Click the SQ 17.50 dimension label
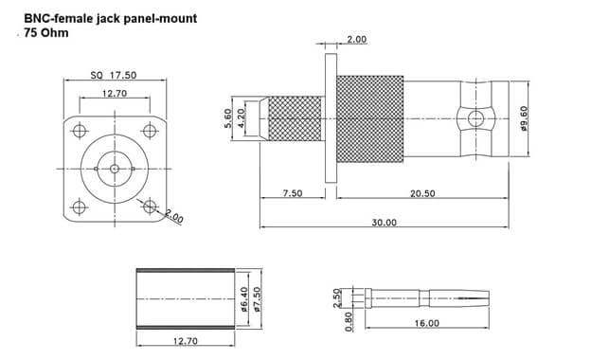114,75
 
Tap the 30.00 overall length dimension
385,223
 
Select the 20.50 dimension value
422,193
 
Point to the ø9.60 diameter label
524,118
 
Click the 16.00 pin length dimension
426,323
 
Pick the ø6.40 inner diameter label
244,299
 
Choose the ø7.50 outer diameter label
257,299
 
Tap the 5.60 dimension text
227,118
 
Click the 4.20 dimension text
241,118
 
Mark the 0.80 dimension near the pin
349,321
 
